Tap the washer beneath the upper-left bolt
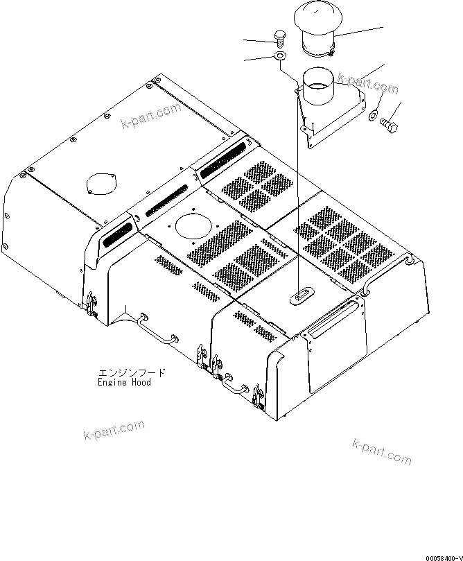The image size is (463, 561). click(x=279, y=55)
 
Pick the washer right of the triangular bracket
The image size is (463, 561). click(x=374, y=114)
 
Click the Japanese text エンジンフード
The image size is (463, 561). click(x=132, y=373)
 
